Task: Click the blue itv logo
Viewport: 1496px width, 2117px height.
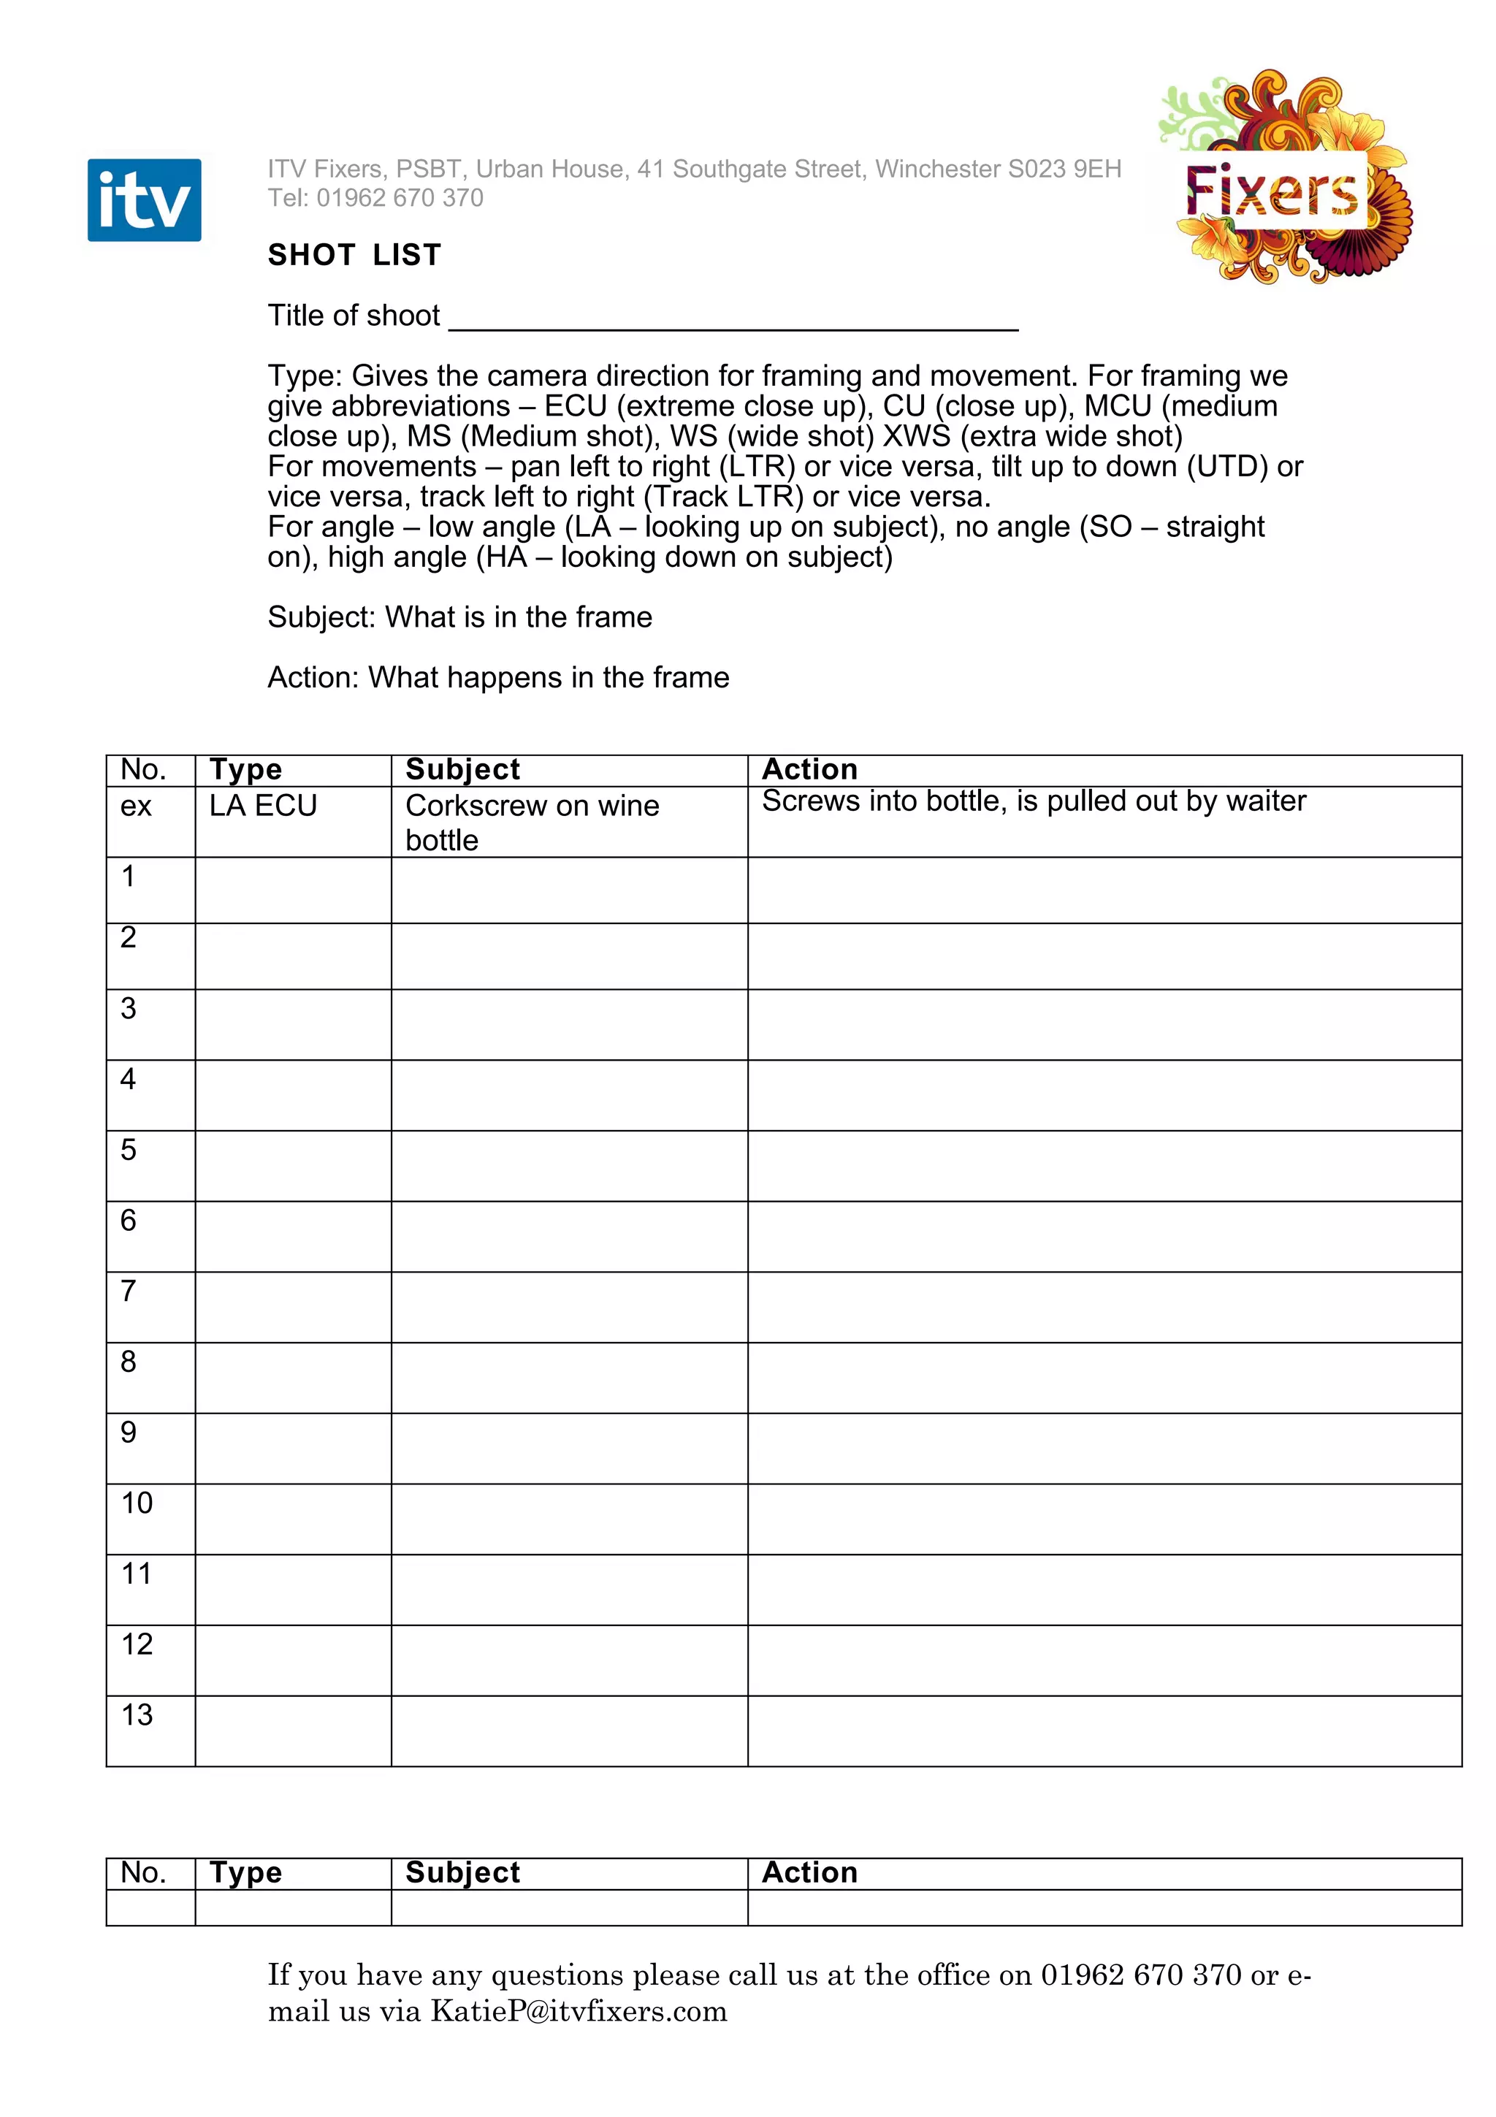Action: (x=144, y=200)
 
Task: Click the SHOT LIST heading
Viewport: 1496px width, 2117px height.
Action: (x=354, y=254)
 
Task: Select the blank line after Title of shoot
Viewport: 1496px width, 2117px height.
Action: (x=733, y=318)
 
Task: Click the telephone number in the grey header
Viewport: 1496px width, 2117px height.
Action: (x=399, y=197)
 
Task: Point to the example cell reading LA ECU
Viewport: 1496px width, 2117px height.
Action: (x=263, y=806)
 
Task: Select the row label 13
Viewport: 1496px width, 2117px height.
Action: (x=137, y=1715)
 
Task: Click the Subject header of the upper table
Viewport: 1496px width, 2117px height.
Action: (x=462, y=769)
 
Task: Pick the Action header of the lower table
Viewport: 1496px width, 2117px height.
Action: (x=809, y=1873)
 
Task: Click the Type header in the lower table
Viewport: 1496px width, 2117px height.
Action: (x=245, y=1873)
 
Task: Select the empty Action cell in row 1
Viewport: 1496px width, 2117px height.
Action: (x=1104, y=890)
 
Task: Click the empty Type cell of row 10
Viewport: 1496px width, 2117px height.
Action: (x=293, y=1519)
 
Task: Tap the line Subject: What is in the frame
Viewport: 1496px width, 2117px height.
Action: (x=459, y=617)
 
